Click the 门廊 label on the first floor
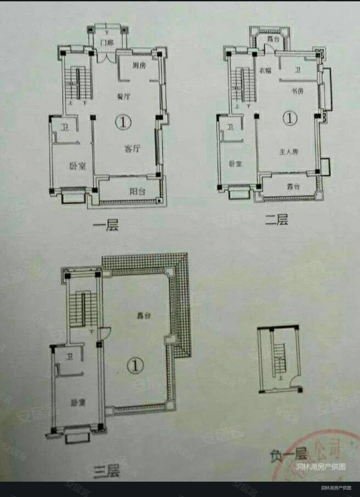(x=107, y=42)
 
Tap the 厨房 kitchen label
(x=139, y=65)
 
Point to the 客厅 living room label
(x=132, y=149)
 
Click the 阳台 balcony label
(x=137, y=191)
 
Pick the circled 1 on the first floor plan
(x=123, y=122)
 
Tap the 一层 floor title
(x=106, y=226)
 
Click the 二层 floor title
(x=276, y=220)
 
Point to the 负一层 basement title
(x=289, y=454)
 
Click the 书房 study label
(x=297, y=91)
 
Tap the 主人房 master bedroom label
(x=289, y=152)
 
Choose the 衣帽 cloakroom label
(x=265, y=70)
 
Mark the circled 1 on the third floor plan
(x=135, y=366)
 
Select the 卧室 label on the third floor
(x=78, y=403)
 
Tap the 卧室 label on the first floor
(x=78, y=166)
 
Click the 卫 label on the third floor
(x=69, y=357)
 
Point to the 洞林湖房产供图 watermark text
(x=321, y=467)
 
